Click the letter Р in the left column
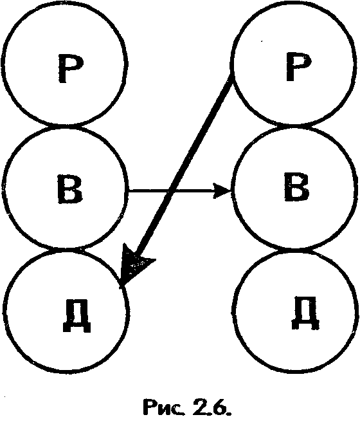71,68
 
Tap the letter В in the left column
70,189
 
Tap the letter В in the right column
296,187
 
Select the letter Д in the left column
77,315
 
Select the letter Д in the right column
305,313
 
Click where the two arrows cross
170,191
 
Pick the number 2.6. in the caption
212,407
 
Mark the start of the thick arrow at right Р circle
231,80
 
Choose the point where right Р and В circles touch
294,125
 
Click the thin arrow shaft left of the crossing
148,191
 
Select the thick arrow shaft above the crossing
200,135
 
